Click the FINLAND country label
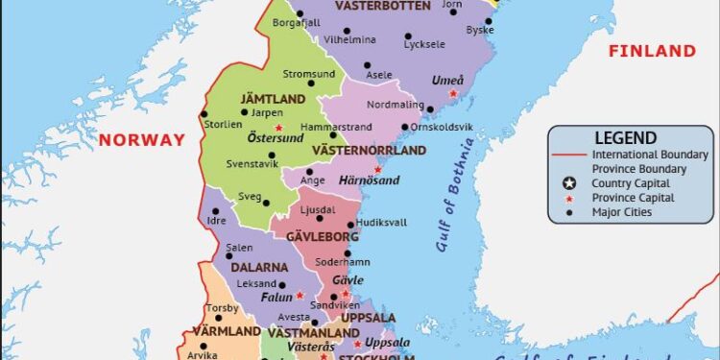pyautogui.click(x=651, y=51)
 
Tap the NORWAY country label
pyautogui.click(x=141, y=139)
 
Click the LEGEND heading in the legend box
pyautogui.click(x=625, y=138)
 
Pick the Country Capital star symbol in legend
pyautogui.click(x=569, y=183)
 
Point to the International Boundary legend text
pyautogui.click(x=650, y=155)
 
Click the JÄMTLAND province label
pyautogui.click(x=274, y=99)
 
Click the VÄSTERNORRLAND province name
pyautogui.click(x=379, y=151)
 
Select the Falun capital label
pyautogui.click(x=276, y=298)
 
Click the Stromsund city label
pyautogui.click(x=309, y=74)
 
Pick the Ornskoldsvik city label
pyautogui.click(x=443, y=127)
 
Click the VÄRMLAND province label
pyautogui.click(x=227, y=331)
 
